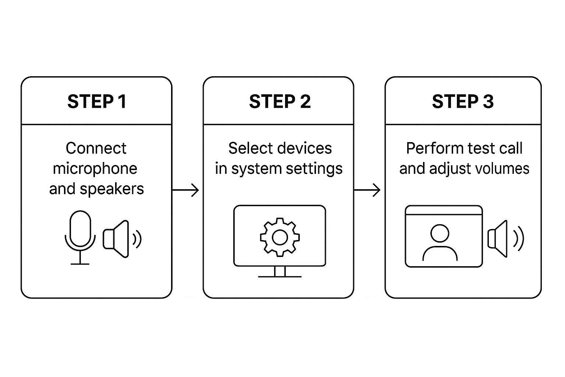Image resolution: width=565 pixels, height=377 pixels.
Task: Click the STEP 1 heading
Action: [x=97, y=102]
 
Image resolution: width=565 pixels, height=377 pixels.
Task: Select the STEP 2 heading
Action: [x=280, y=102]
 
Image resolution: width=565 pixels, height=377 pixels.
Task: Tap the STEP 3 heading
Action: [x=462, y=102]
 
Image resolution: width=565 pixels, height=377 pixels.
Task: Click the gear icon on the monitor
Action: [x=280, y=237]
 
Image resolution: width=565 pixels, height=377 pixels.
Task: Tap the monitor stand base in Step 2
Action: [x=280, y=276]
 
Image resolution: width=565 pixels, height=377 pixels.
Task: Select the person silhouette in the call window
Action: [x=440, y=243]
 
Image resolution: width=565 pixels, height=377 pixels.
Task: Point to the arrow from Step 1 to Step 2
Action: [x=186, y=190]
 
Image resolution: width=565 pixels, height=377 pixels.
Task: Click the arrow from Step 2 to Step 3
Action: [x=367, y=190]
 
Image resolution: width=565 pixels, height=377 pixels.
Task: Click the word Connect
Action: [x=96, y=148]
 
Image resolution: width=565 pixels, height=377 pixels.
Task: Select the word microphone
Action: [x=95, y=169]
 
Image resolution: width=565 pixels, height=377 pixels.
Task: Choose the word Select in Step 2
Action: [x=245, y=148]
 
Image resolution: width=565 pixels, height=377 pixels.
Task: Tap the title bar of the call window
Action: [x=444, y=211]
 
